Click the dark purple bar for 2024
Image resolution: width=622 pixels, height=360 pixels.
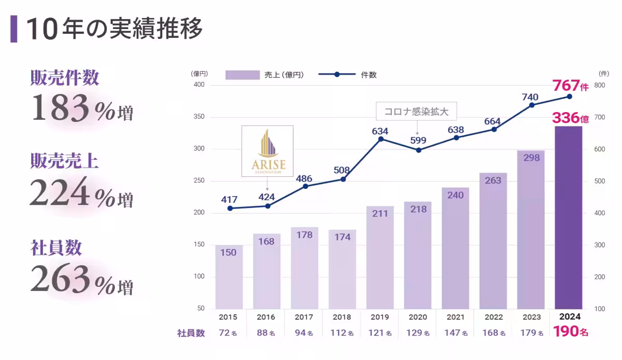569,218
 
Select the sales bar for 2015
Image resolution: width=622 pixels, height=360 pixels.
229,278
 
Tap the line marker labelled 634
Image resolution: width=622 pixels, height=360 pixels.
381,139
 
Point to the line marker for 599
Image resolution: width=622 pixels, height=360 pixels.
418,150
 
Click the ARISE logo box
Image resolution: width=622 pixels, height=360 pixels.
267,151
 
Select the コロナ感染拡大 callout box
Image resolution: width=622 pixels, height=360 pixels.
417,111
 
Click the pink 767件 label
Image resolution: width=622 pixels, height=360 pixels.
570,86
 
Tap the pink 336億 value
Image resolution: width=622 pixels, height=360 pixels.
570,118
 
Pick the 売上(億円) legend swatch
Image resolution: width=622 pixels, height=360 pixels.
242,75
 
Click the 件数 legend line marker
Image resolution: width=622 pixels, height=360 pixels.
337,75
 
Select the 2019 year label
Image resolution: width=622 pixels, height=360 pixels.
380,317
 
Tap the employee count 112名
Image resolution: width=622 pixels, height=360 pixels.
342,333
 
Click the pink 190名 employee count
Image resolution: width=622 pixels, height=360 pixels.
570,332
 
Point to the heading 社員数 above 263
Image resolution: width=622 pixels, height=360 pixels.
56,248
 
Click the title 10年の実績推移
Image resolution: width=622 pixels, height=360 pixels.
114,29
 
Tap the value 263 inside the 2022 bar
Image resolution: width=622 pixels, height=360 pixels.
493,181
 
